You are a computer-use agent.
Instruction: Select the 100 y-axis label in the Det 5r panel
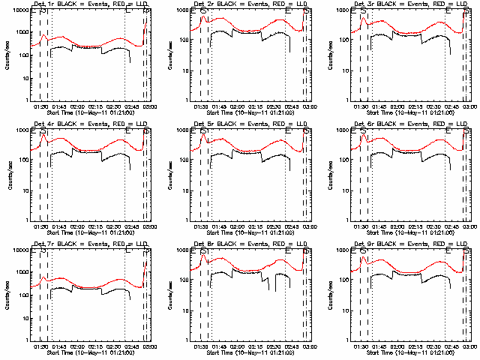tap(184, 160)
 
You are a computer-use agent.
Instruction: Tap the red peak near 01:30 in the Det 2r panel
tap(202, 16)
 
